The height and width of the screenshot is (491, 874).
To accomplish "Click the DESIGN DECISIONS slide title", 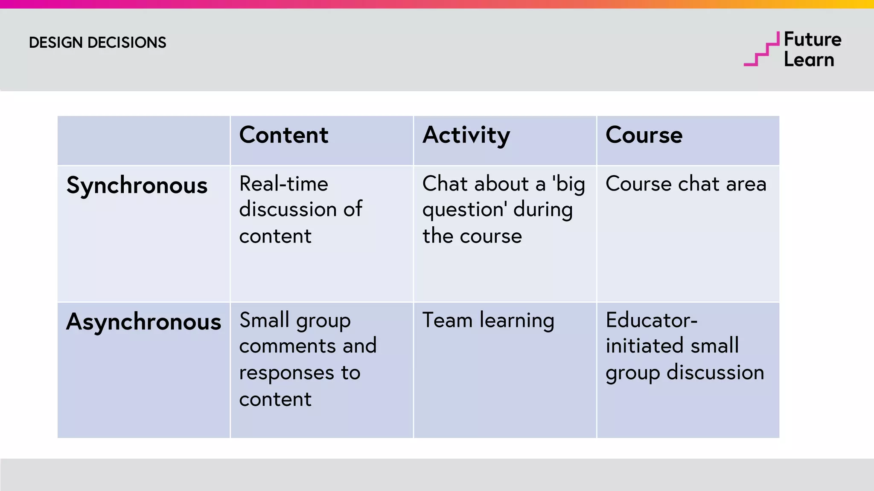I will (97, 43).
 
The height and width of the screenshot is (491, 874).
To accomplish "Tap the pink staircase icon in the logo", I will (761, 50).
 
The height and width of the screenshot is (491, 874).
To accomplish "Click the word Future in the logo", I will (813, 40).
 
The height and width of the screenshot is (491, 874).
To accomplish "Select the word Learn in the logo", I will (809, 60).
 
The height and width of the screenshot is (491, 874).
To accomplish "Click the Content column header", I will (283, 135).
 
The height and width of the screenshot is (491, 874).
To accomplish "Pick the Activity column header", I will (466, 136).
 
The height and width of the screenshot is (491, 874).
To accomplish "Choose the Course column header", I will (644, 135).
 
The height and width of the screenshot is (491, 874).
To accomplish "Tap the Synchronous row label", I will (137, 186).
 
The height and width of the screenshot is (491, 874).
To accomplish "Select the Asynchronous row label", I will (143, 322).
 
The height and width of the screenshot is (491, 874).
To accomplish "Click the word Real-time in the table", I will (283, 184).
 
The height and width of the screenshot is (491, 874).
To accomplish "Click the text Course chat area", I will (685, 184).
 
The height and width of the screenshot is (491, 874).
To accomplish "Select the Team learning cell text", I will (488, 321).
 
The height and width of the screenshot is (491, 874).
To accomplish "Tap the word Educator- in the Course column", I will (651, 320).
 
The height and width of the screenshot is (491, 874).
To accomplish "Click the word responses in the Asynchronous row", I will (286, 373).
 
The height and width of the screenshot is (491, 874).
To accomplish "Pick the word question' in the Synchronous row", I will (465, 210).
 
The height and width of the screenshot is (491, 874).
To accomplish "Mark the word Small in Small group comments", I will (264, 320).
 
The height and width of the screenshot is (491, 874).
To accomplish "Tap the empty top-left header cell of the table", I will (143, 140).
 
